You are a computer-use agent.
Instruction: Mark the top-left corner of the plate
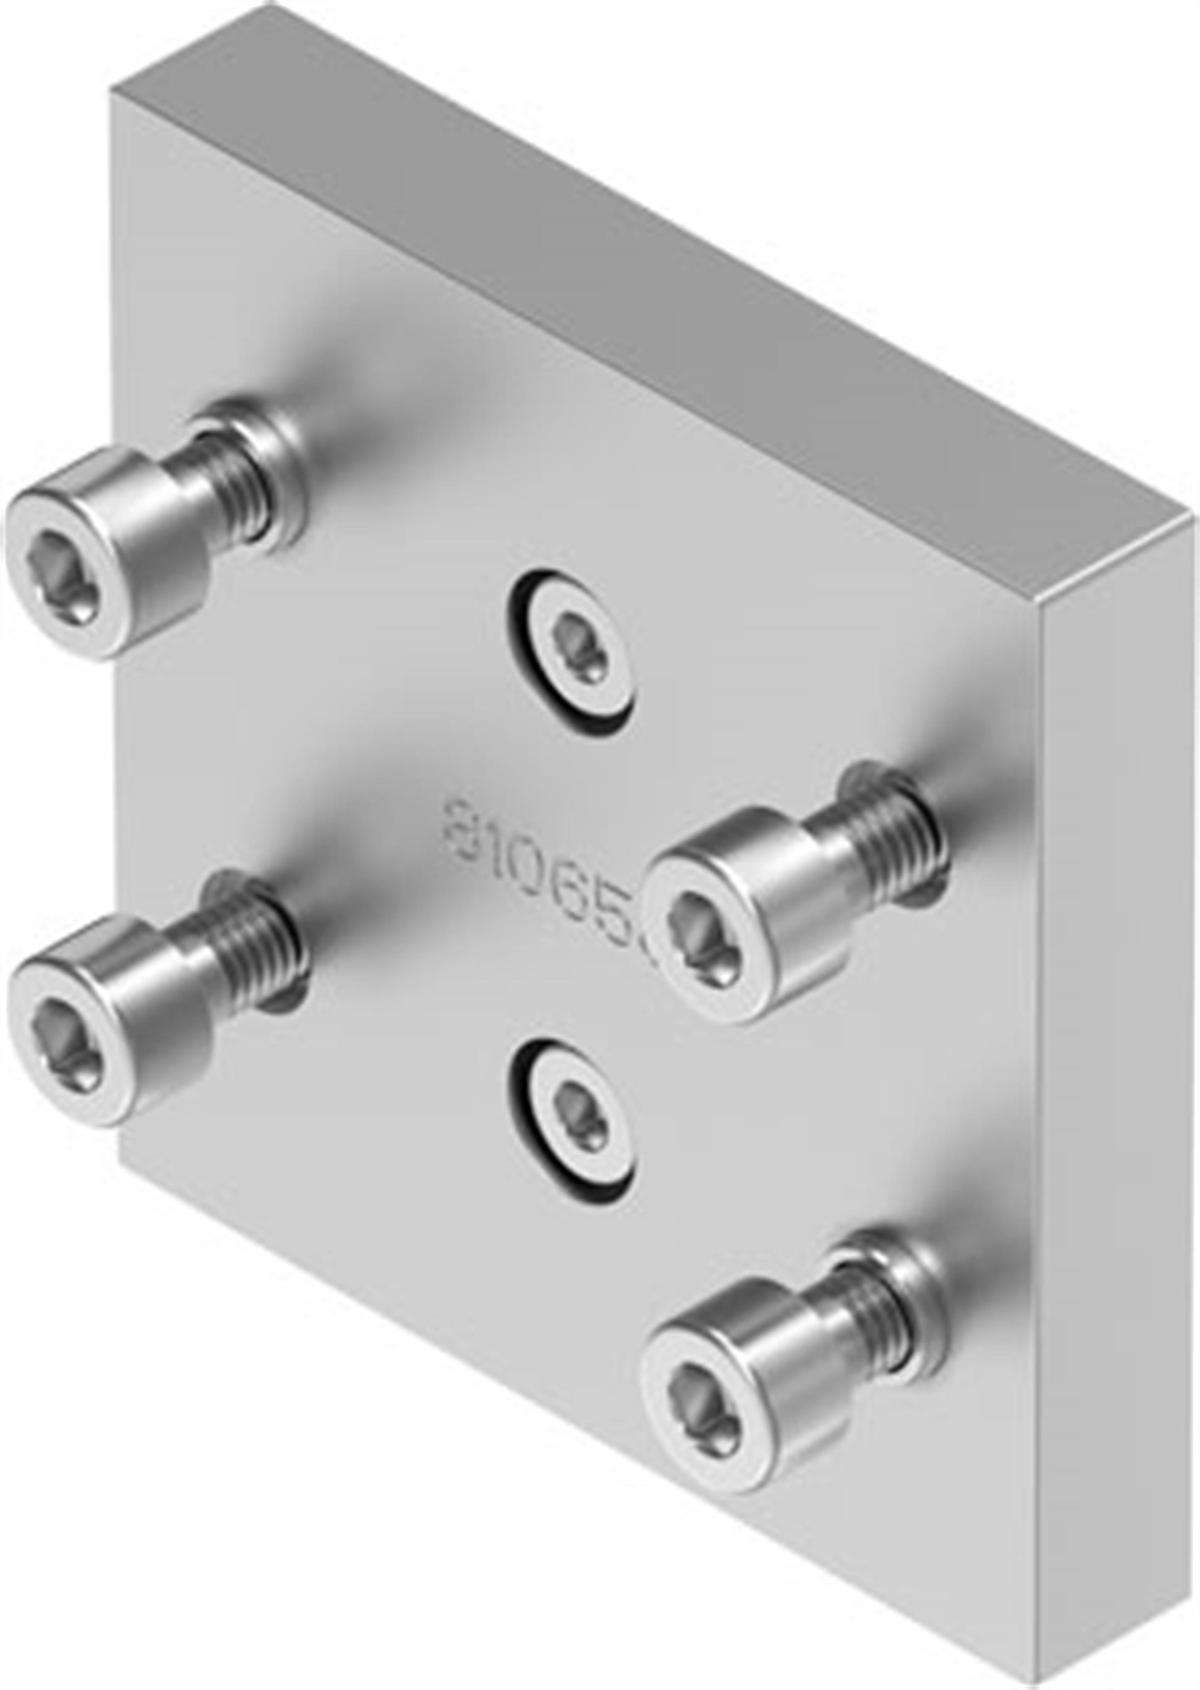point(111,93)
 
